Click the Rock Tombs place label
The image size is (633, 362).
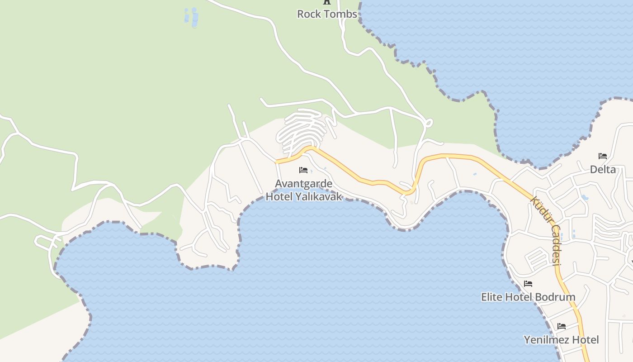(x=327, y=14)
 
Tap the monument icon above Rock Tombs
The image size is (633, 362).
(x=327, y=2)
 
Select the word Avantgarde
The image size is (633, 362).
(x=304, y=184)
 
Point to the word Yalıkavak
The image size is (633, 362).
(x=319, y=197)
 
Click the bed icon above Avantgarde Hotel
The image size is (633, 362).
(x=303, y=170)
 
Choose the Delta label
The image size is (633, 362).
(x=603, y=170)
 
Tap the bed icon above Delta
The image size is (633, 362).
(x=603, y=156)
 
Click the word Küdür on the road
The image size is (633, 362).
(x=541, y=210)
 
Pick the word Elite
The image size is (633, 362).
(x=492, y=297)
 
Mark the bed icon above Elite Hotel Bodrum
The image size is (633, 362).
(x=528, y=284)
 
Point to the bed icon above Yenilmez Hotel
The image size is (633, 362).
(x=562, y=326)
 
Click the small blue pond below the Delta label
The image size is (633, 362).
(x=585, y=198)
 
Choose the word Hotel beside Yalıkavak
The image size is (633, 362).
(x=279, y=197)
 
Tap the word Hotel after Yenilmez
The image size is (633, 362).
(x=585, y=340)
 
